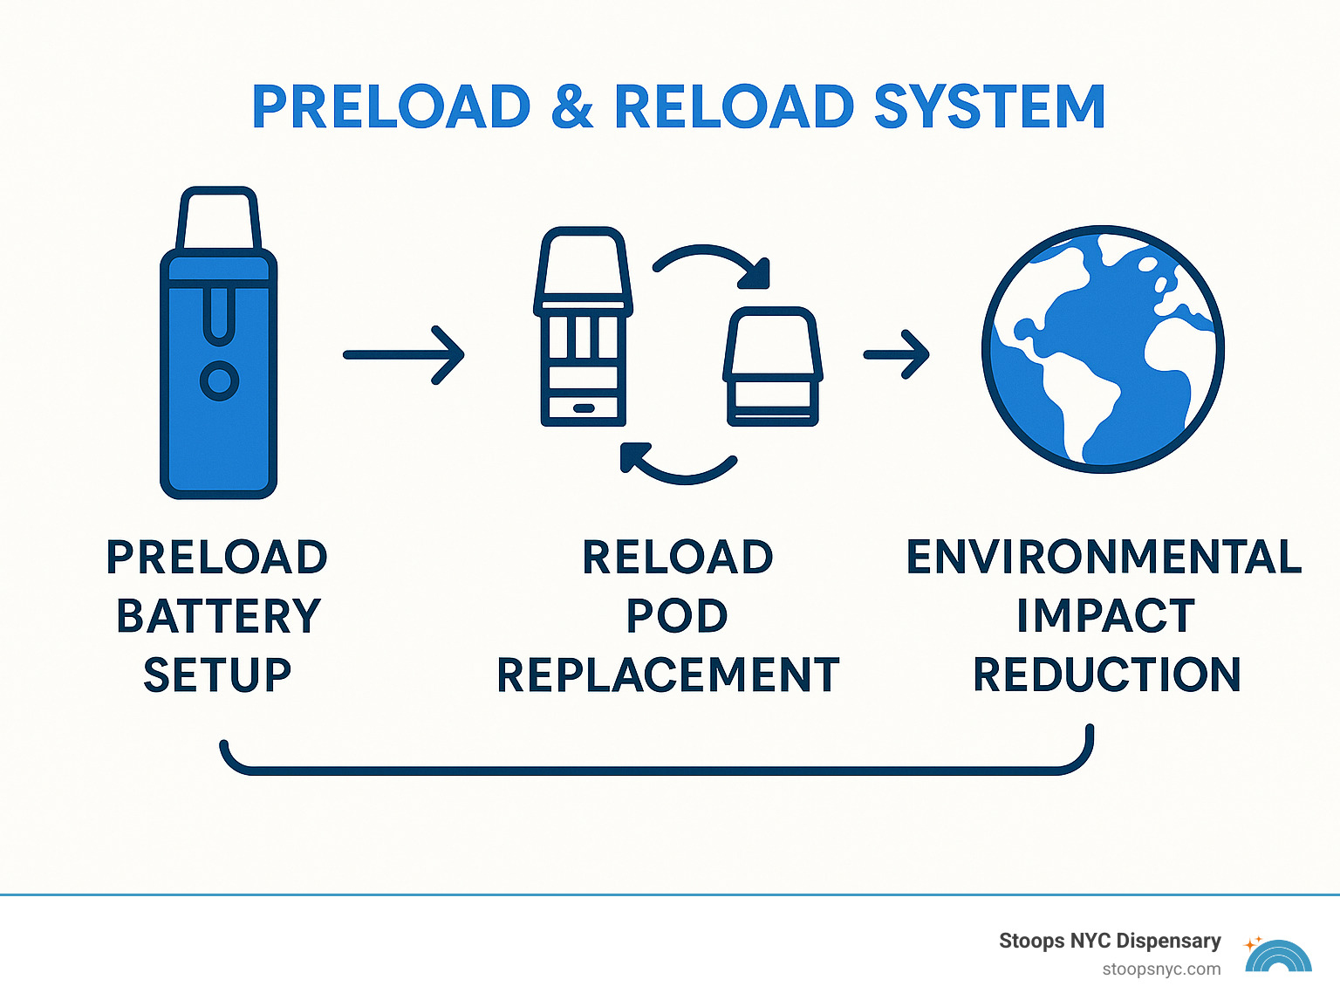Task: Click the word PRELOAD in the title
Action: coord(391,106)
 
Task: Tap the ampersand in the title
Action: coord(571,106)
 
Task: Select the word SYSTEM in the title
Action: coord(989,106)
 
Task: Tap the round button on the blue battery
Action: coord(219,380)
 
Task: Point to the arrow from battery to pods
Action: coord(403,355)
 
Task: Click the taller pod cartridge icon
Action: coord(583,327)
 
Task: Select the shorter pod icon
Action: coord(772,366)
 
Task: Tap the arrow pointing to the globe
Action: coord(896,354)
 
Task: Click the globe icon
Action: coord(1103,349)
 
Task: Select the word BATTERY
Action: coord(218,616)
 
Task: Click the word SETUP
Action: coord(217,675)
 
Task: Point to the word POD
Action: coord(677,616)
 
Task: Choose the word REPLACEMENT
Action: coord(667,675)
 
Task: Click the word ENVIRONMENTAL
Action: coord(1104,557)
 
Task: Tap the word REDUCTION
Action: coord(1106,675)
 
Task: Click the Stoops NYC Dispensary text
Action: coord(1109,941)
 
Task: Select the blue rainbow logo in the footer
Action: coord(1278,956)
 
